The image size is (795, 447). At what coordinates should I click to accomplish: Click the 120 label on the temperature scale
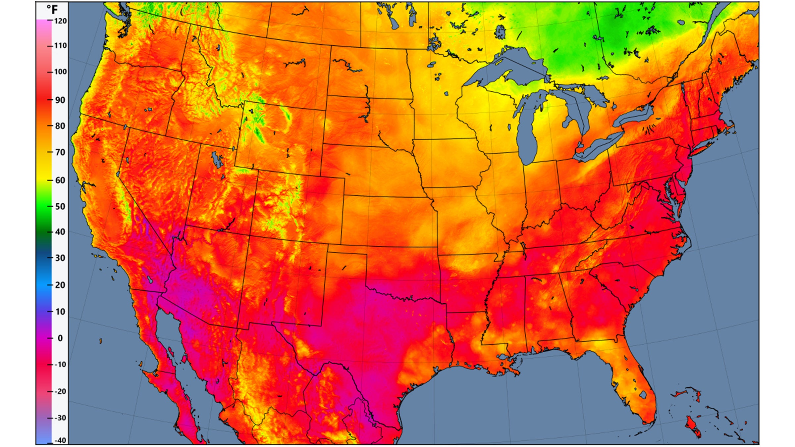coord(60,21)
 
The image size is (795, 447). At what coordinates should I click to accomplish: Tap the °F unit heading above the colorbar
coord(52,9)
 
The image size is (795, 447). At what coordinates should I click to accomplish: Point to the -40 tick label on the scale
coord(60,440)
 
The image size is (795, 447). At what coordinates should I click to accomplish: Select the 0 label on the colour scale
coord(60,338)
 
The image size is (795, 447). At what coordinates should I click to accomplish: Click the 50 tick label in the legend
coord(60,207)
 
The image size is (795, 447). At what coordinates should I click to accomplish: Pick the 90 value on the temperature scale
coord(60,100)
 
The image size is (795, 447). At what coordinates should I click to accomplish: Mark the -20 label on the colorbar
coord(60,391)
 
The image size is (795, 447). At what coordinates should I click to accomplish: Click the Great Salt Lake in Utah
coord(217,160)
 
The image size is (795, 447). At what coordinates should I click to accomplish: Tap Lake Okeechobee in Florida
coord(643,395)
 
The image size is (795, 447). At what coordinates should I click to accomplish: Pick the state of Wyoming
coord(282,139)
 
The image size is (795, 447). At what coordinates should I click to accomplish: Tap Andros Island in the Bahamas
coord(692,427)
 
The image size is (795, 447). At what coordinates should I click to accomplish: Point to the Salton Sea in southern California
coord(150,280)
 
